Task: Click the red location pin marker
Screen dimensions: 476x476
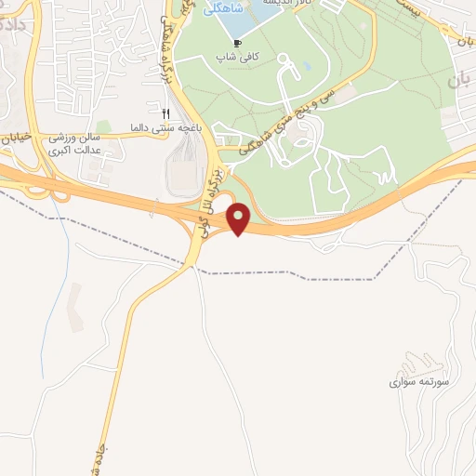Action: click(240, 219)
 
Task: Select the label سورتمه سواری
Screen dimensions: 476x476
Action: click(410, 382)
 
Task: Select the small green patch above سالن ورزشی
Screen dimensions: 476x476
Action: click(103, 126)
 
